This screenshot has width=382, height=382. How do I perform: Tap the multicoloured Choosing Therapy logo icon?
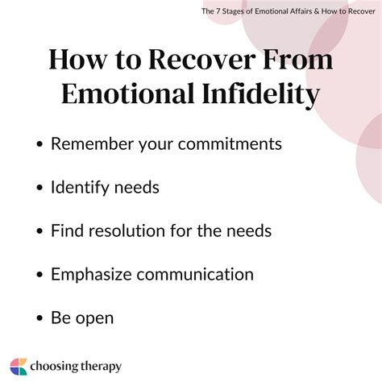click(19, 366)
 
